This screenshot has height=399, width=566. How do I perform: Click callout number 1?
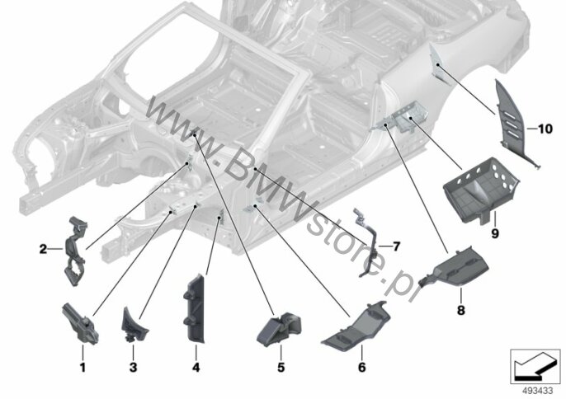(x=83, y=368)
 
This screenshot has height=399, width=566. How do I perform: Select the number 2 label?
(x=43, y=249)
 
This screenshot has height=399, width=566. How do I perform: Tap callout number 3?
(x=133, y=368)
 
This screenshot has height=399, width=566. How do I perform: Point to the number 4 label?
(x=196, y=368)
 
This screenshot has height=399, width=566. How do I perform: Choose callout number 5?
(x=281, y=368)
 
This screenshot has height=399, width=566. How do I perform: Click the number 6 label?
(x=361, y=368)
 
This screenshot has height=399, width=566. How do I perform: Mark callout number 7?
(x=396, y=246)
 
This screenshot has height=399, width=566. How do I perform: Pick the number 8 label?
(x=461, y=310)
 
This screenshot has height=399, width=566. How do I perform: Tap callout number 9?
(x=495, y=233)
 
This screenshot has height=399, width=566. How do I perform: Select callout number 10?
(x=545, y=129)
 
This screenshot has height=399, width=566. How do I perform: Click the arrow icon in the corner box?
(x=531, y=367)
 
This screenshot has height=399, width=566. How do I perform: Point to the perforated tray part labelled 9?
(x=481, y=190)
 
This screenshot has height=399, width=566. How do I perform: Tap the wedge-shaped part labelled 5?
(x=279, y=329)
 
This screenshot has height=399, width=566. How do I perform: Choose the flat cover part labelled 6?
(x=356, y=327)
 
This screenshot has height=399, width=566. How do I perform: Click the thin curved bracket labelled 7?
(x=366, y=242)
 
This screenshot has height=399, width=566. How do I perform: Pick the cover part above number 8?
(x=455, y=266)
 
